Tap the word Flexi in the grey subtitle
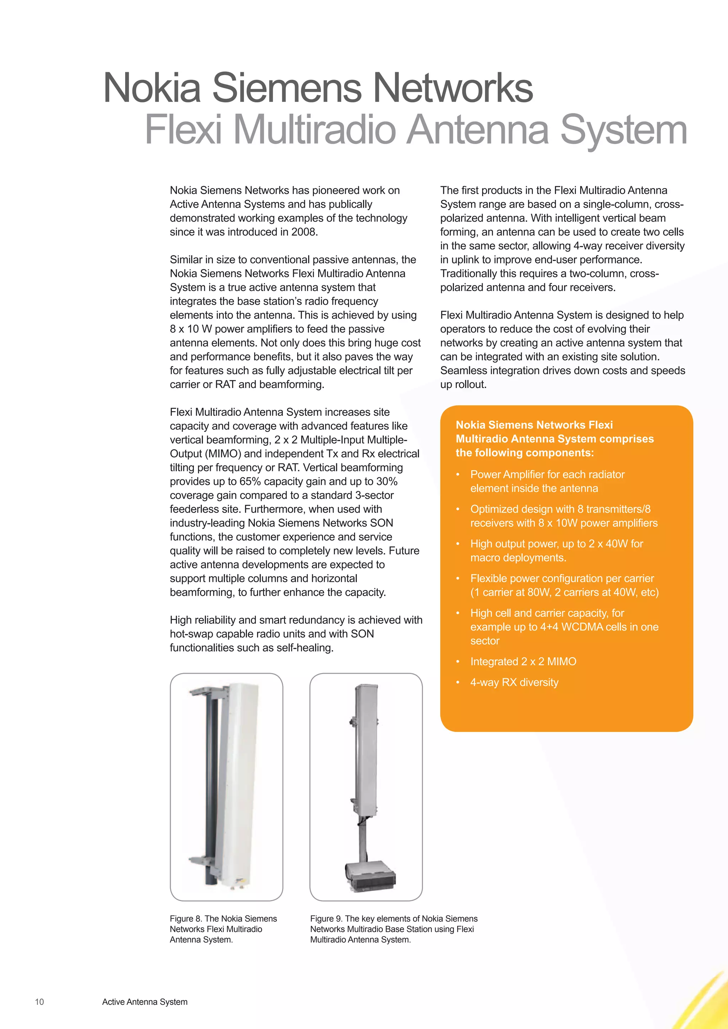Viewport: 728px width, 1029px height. (183, 130)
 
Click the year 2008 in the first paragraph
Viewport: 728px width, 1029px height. (304, 232)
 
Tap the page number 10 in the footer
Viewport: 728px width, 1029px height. (39, 1002)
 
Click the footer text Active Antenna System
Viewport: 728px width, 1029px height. (145, 1002)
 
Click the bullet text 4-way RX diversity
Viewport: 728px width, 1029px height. (514, 683)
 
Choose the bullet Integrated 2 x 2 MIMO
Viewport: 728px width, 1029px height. (523, 662)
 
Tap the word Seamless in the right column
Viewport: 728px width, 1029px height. (462, 371)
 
